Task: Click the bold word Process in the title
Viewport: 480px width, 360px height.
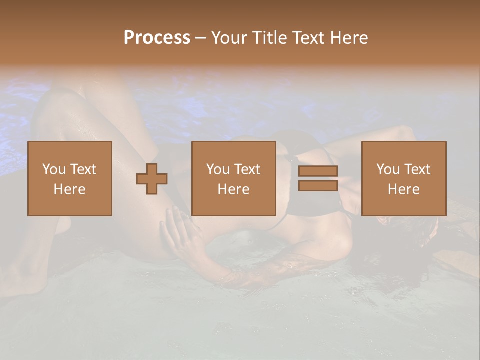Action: (x=157, y=38)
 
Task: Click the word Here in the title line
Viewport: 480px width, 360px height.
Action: (x=349, y=38)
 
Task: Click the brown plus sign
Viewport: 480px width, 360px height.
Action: (x=152, y=179)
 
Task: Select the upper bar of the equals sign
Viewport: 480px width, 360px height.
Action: (x=318, y=171)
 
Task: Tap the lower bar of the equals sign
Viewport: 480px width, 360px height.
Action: (x=318, y=185)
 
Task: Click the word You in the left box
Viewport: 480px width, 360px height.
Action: (x=54, y=169)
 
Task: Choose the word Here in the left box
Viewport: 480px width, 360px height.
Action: (x=69, y=189)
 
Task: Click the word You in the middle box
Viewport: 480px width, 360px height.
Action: (x=218, y=169)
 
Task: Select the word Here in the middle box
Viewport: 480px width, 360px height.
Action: (x=233, y=189)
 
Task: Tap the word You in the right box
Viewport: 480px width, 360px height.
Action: (x=388, y=169)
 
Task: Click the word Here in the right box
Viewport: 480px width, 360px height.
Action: (x=403, y=189)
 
